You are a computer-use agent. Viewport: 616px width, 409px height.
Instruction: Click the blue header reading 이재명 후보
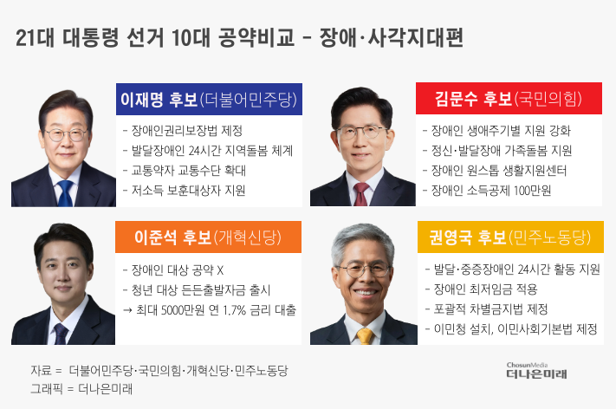[209, 99]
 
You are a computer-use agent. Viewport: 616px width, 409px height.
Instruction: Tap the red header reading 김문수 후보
[509, 98]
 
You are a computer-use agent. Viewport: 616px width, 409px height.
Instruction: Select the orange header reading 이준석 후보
[208, 237]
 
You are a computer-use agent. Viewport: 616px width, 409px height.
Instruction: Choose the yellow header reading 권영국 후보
[510, 237]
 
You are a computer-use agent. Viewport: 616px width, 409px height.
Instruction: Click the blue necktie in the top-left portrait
[65, 193]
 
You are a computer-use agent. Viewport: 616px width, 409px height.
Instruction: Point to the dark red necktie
[360, 194]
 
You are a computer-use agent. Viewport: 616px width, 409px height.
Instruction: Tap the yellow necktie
[365, 336]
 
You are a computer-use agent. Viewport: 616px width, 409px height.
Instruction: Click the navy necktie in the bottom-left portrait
[61, 334]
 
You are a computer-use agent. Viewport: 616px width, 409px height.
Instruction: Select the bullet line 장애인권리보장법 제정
[183, 131]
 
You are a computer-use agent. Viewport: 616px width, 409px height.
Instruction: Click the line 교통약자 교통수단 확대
[185, 171]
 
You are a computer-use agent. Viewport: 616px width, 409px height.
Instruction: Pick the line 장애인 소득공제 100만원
[487, 191]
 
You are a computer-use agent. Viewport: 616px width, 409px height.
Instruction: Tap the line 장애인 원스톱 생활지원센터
[495, 171]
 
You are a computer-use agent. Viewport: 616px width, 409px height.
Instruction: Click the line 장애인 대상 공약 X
[173, 269]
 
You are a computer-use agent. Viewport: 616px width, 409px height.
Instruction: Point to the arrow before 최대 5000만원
[127, 310]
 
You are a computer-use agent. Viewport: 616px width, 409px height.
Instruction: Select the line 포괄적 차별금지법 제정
[486, 309]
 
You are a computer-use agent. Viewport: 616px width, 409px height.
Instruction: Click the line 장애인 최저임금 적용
[481, 289]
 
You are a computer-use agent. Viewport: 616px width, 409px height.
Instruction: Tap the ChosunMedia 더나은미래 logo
[536, 371]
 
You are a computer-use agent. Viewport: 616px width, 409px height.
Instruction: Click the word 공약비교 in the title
[256, 38]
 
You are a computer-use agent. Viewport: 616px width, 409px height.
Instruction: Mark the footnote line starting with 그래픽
[81, 389]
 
